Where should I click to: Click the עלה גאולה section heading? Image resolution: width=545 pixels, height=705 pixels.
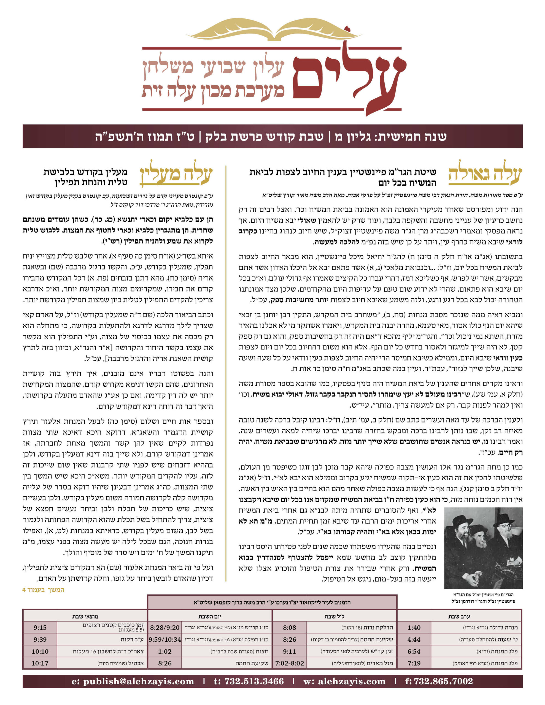coord(485,176)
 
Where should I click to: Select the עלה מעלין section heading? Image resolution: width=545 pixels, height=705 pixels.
coord(176,176)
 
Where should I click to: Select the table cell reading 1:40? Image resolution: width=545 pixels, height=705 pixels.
coord(414,628)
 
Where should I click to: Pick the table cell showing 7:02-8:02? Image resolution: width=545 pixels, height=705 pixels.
coord(290,663)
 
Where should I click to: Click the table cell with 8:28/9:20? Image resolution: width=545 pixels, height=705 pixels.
coord(165,628)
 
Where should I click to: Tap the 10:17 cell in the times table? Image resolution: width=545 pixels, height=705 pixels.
coord(40,663)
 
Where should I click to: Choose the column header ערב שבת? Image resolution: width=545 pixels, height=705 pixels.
coord(459,616)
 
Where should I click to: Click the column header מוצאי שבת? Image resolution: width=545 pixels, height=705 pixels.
coord(85,616)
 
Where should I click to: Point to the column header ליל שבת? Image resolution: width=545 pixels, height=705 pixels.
coord(334,616)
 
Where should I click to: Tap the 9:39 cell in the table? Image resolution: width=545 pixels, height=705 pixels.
coord(40,639)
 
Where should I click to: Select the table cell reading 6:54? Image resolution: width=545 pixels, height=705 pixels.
coord(414,651)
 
